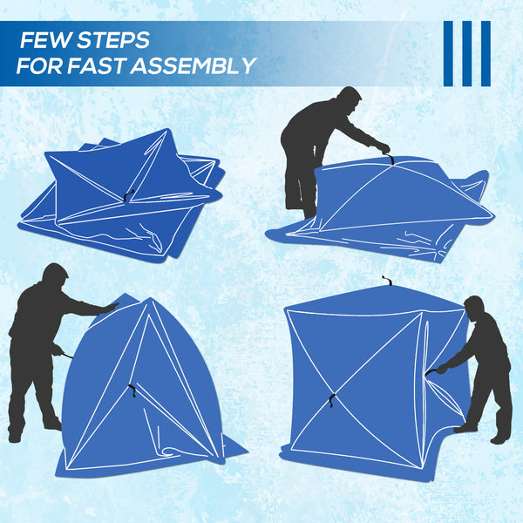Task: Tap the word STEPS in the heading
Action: [x=112, y=40]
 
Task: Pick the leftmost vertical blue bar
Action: [x=448, y=53]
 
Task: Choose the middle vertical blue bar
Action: [x=466, y=53]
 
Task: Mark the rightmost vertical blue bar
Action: [x=486, y=53]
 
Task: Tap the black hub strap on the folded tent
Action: [x=127, y=197]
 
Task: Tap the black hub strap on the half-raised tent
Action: [x=132, y=389]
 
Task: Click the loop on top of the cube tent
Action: [x=386, y=281]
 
